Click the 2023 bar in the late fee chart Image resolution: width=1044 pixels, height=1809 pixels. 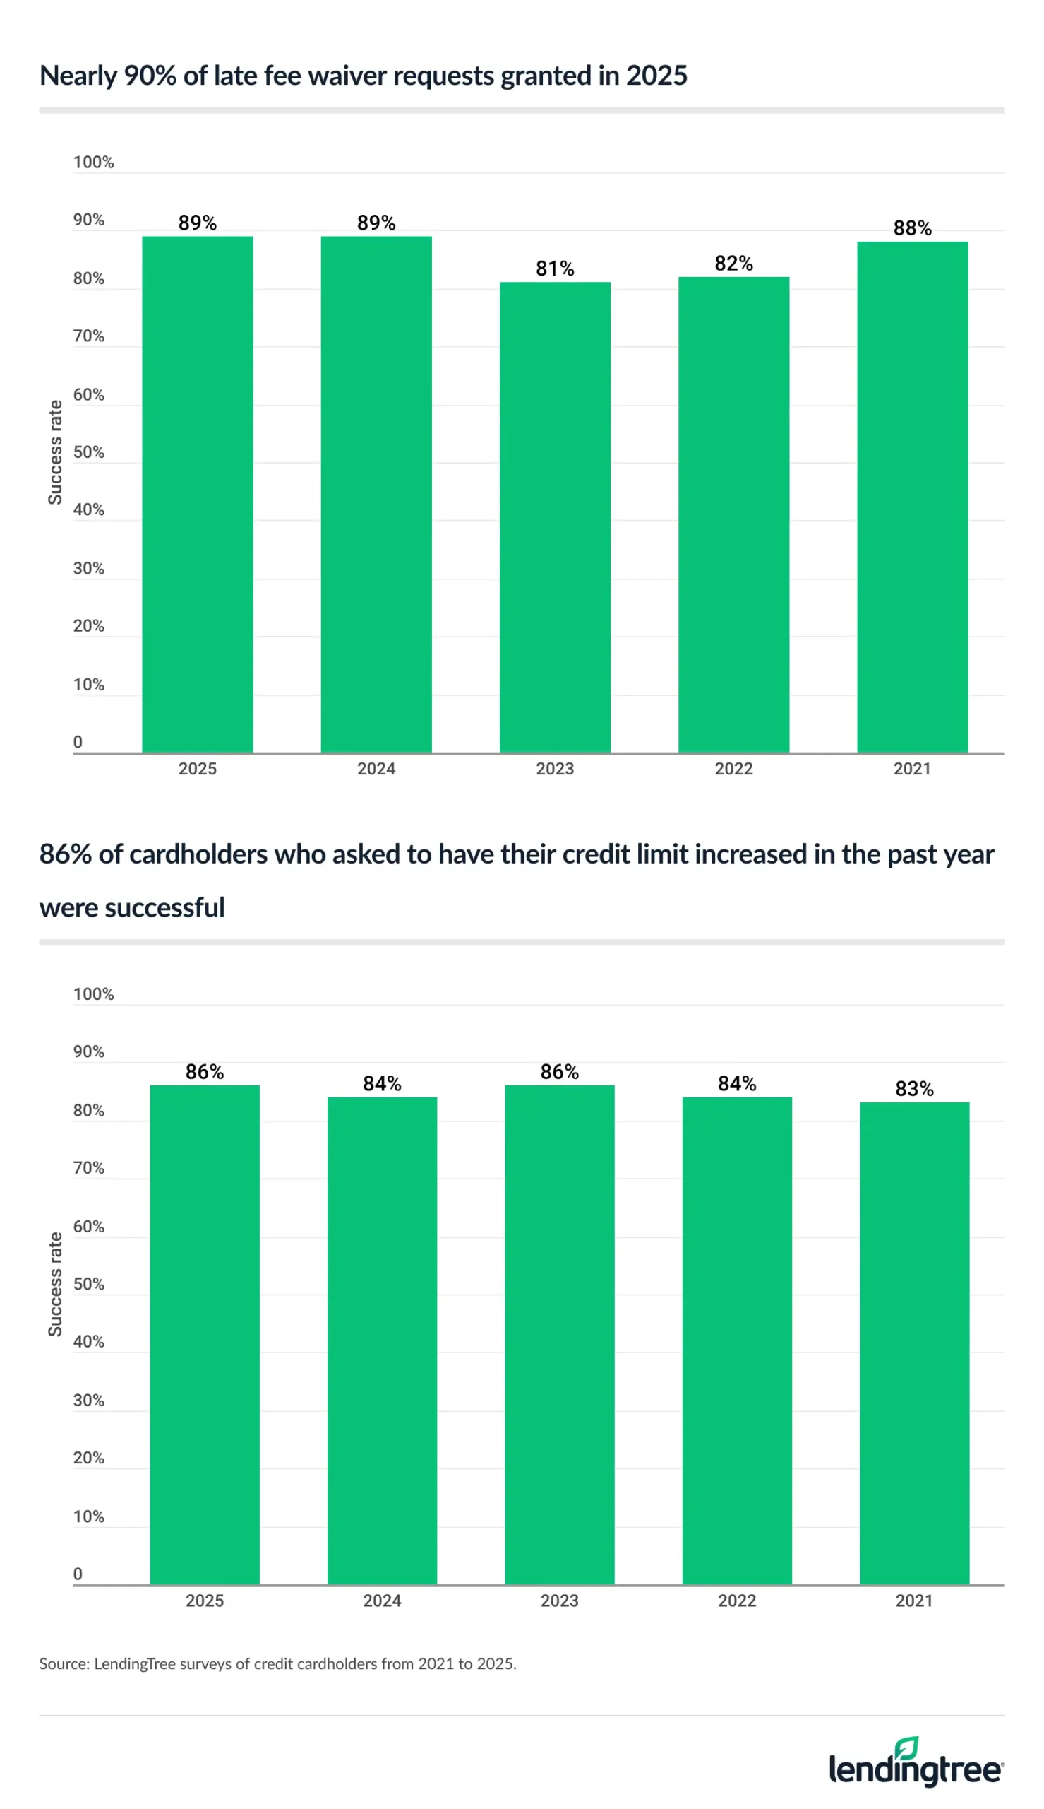tap(554, 517)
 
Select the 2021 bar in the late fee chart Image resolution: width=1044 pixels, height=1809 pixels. tap(912, 497)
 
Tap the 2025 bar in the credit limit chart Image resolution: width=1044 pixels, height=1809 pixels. tap(205, 1335)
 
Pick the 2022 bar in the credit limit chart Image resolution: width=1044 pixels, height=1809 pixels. tap(736, 1340)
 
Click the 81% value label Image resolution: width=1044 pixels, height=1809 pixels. tap(554, 269)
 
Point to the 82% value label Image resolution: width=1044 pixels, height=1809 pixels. tap(733, 264)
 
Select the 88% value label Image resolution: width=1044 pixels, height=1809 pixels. tap(912, 228)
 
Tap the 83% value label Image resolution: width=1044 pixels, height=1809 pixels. tap(914, 1088)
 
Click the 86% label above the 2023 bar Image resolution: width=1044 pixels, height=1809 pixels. tap(559, 1071)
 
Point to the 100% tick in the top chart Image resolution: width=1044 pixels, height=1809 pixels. tap(93, 162)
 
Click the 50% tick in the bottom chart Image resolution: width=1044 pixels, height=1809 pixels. tap(89, 1284)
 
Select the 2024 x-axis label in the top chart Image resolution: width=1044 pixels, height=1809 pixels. tap(376, 769)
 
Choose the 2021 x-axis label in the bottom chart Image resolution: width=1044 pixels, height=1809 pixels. tap(913, 1600)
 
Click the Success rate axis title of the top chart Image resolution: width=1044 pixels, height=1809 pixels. tap(55, 452)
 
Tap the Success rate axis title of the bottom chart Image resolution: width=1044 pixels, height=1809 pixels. tap(55, 1284)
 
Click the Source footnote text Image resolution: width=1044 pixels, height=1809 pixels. tap(277, 1663)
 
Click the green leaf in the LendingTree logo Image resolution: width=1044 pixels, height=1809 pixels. tap(906, 1748)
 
